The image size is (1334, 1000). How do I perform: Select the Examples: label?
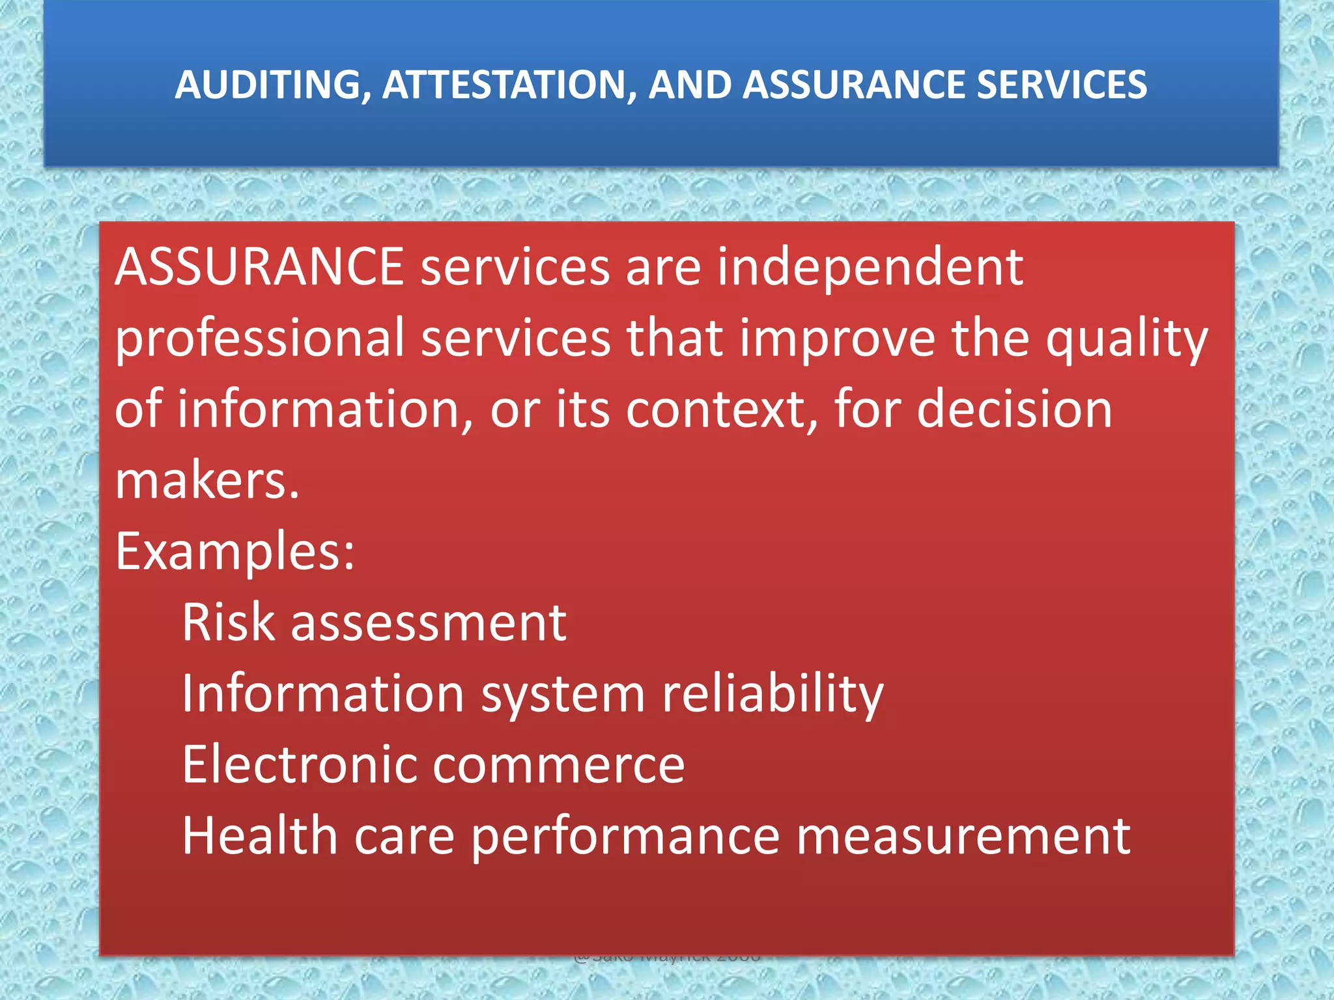click(x=235, y=552)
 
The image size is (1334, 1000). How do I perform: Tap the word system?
click(x=563, y=695)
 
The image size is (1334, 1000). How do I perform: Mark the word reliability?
click(x=773, y=695)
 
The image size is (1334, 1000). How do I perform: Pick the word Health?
click(x=259, y=836)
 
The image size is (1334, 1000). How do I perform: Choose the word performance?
click(x=625, y=837)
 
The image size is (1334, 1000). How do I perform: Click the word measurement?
click(x=963, y=836)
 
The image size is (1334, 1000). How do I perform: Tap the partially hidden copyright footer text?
click(x=667, y=959)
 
